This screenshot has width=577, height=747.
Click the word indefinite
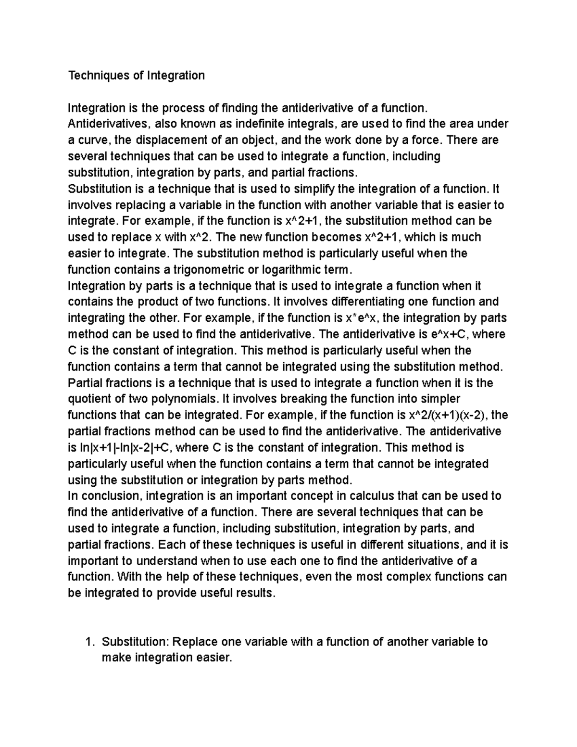coord(262,124)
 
